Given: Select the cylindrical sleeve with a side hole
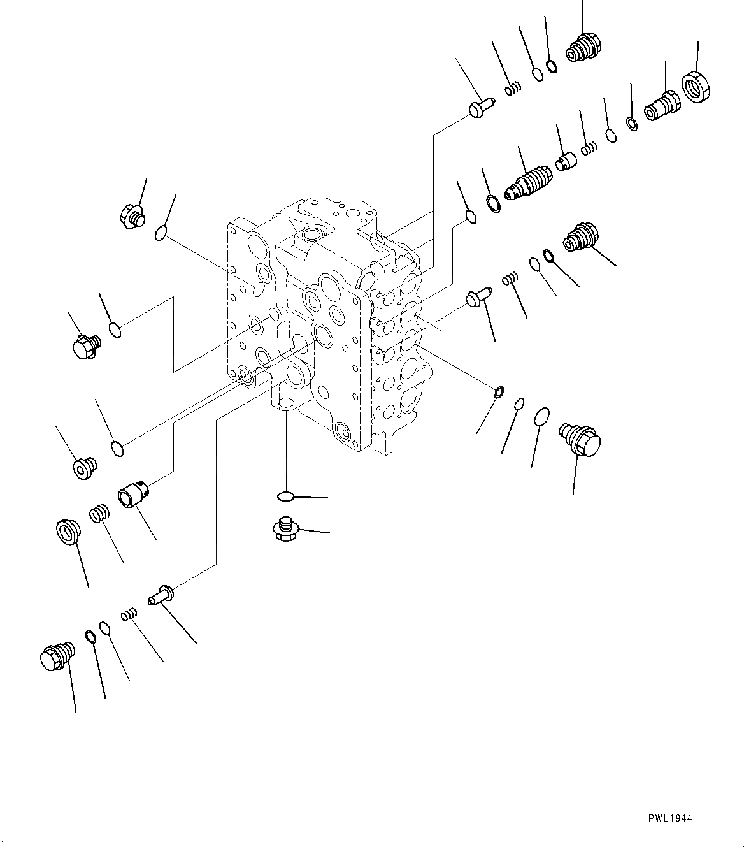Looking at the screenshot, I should click(x=134, y=497).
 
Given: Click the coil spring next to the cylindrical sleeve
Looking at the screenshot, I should click(x=99, y=514).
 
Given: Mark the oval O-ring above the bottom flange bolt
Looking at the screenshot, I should click(x=285, y=496).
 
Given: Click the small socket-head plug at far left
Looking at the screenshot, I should click(x=83, y=468).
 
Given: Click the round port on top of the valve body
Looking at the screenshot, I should click(x=314, y=235).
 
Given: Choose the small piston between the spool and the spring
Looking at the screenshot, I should click(x=564, y=161).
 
